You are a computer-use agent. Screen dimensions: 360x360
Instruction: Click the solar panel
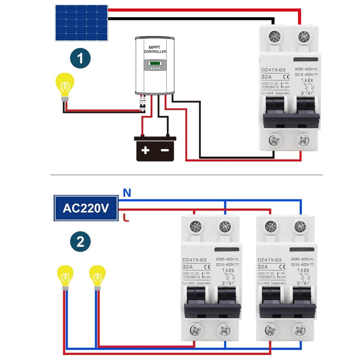pos(81,22)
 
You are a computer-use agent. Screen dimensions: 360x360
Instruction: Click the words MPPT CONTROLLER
pos(155,49)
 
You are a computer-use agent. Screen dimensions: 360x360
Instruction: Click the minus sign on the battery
pos(165,150)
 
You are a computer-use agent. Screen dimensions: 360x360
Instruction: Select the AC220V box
pos(85,208)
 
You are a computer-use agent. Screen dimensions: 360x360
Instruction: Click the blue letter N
pos(127,193)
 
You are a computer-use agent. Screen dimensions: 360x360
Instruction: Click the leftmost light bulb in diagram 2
pos(65,275)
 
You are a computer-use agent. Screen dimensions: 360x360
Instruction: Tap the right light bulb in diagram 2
pos(97,275)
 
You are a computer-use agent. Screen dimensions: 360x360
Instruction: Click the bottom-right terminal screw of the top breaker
pos(302,141)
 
